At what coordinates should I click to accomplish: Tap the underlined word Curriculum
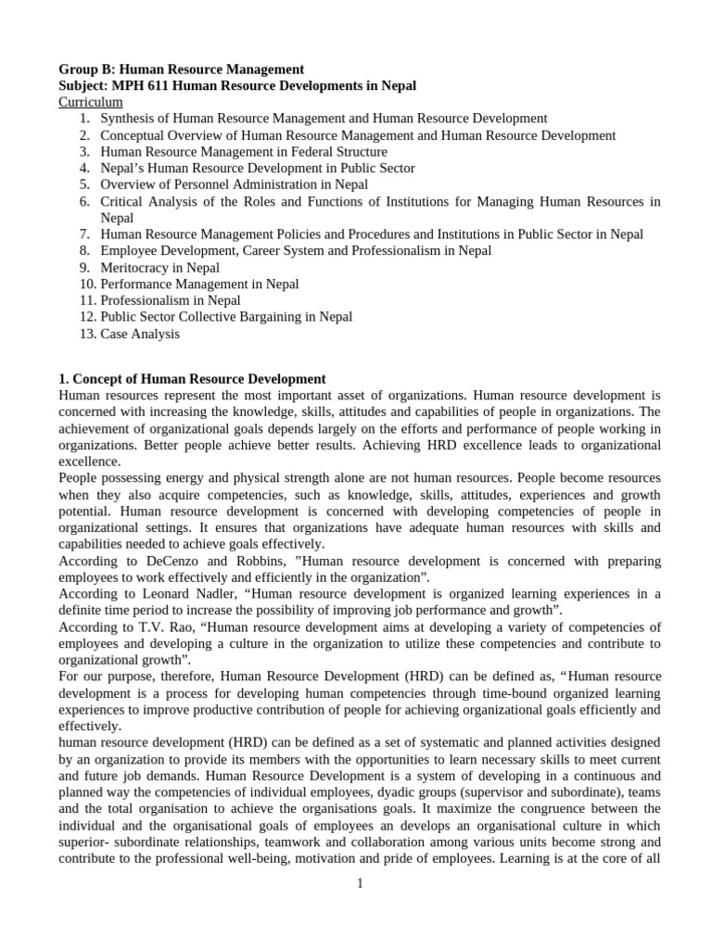coord(90,102)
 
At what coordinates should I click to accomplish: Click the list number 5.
coord(84,184)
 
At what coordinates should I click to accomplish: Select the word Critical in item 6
coord(122,201)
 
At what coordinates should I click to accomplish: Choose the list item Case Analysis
coord(140,334)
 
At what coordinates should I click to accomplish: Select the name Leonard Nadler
coord(178,594)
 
